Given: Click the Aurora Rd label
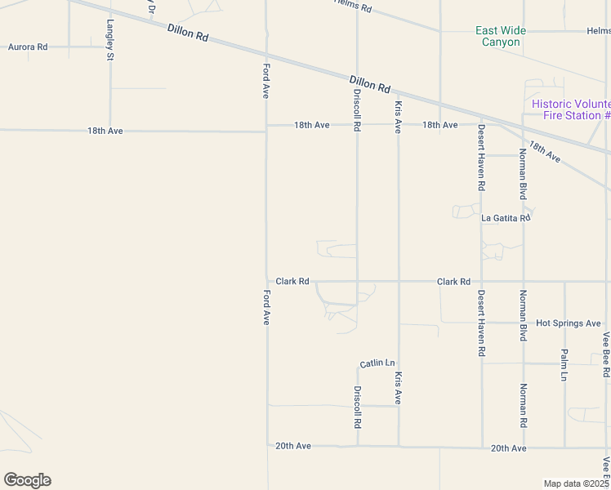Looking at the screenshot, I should point(28,47).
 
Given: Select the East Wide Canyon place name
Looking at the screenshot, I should point(501,36).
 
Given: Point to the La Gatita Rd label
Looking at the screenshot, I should point(506,218).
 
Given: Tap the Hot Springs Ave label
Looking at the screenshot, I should point(569,323).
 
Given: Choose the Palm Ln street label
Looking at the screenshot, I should point(564,365).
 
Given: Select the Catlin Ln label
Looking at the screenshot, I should point(377,363).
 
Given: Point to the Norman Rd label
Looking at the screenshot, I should point(524,406).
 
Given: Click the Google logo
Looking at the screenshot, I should point(27,480).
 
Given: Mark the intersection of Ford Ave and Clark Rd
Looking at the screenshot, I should point(266,281).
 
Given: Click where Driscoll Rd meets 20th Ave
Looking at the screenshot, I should point(358,446).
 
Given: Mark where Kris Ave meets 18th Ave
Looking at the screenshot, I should point(399,125).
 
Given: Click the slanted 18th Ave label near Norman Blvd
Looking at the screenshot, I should point(544,151).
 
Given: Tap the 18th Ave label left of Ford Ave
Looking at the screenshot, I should point(105,131).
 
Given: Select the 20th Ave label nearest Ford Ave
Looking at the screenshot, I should point(293,446).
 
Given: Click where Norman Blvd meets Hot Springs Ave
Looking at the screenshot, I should point(524,323).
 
